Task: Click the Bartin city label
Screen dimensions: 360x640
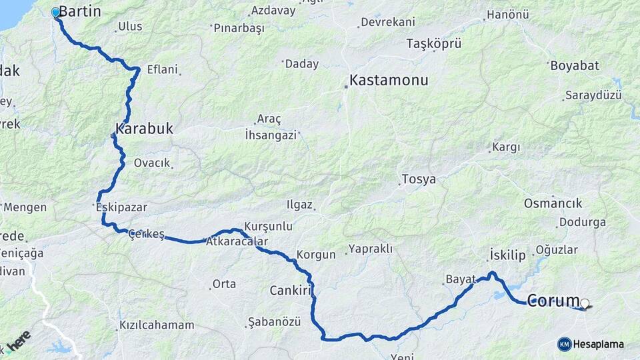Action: click(x=80, y=11)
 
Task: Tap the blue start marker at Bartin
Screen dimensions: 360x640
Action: click(x=55, y=12)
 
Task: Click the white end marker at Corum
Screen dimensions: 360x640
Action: click(x=585, y=304)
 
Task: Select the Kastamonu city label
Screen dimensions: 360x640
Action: click(x=389, y=81)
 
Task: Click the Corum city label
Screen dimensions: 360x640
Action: click(x=553, y=301)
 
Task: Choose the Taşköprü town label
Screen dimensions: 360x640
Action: click(x=434, y=44)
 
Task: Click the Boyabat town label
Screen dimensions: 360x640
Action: click(x=575, y=66)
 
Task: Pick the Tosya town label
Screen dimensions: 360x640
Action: click(x=418, y=179)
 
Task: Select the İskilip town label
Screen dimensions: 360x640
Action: click(x=508, y=255)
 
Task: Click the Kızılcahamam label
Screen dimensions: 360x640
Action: click(x=157, y=325)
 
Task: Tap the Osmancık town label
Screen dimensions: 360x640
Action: click(x=553, y=203)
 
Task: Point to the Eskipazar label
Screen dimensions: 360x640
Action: click(x=121, y=207)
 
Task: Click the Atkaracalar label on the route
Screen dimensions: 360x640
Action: click(x=237, y=241)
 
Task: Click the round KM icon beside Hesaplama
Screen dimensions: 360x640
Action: click(x=564, y=344)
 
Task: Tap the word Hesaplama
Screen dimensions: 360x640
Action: click(x=599, y=345)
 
